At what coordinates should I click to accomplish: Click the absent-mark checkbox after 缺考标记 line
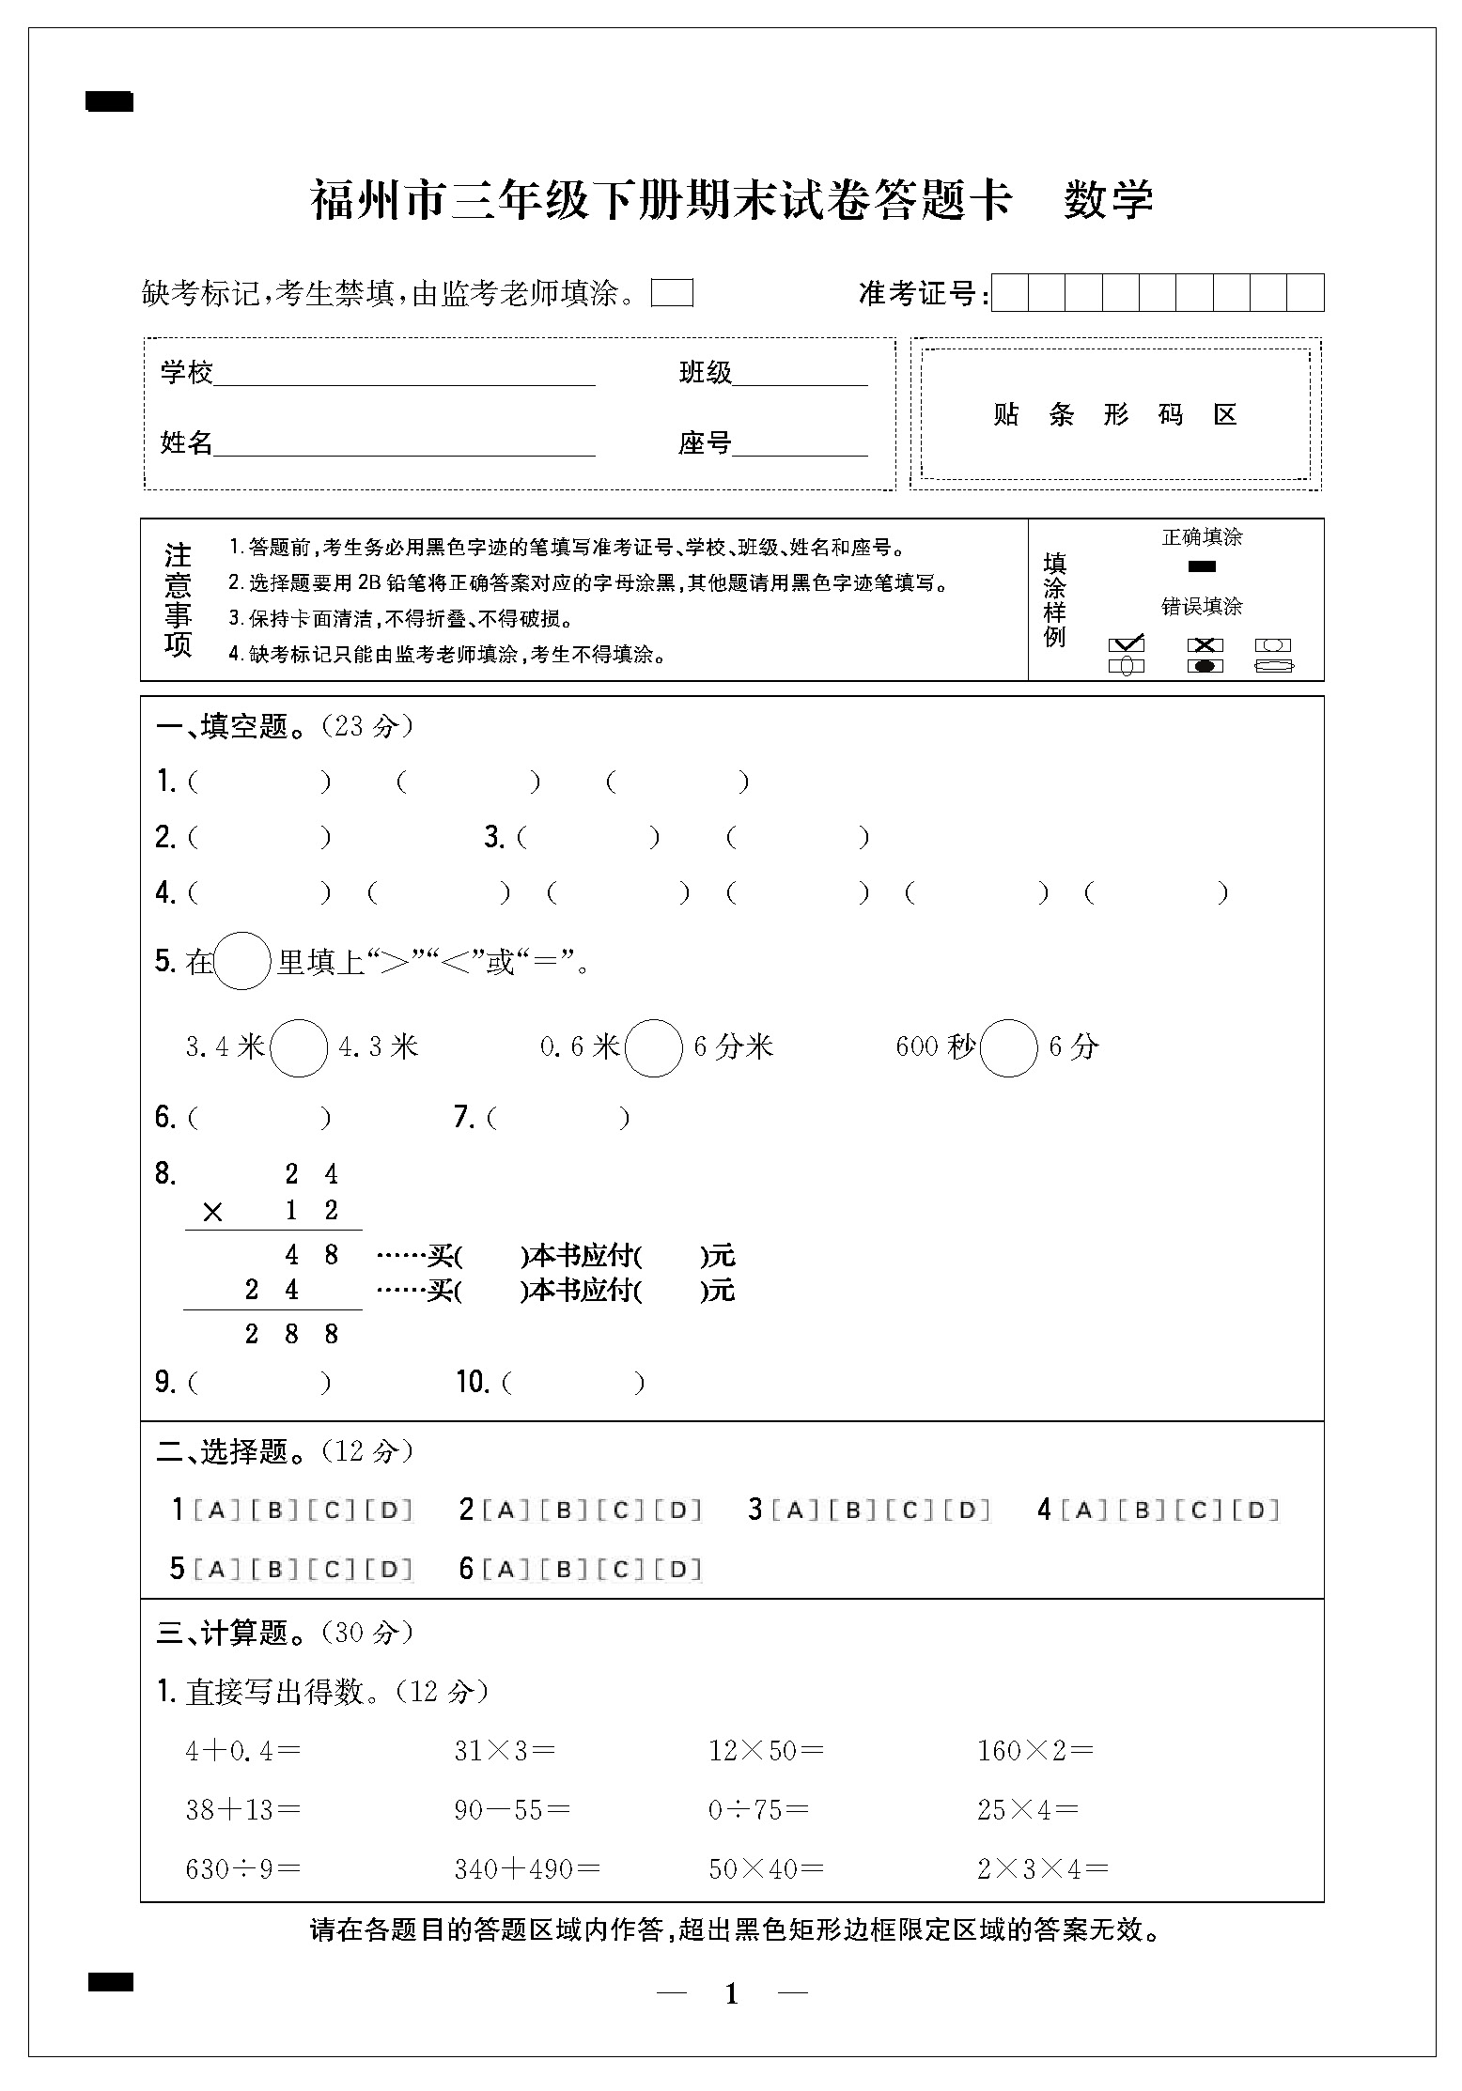tap(672, 294)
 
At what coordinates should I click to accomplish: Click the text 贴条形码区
tap(1115, 414)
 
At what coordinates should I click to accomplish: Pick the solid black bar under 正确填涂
tap(1202, 566)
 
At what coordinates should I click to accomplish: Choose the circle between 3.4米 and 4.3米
tap(299, 1047)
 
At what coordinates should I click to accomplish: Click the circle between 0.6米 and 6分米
tap(653, 1047)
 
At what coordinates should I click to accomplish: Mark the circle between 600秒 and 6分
tap(1008, 1047)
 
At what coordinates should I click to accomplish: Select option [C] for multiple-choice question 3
tap(915, 1510)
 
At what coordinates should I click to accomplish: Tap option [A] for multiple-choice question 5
tap(217, 1569)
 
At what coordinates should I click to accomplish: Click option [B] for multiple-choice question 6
tap(565, 1569)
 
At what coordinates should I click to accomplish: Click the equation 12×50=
tap(766, 1751)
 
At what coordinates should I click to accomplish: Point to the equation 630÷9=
tap(243, 1868)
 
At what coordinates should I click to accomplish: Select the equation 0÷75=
tap(758, 1810)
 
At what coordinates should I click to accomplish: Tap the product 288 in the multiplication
tap(291, 1334)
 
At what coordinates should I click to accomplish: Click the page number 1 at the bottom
tap(732, 1993)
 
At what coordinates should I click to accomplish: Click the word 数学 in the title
tap(1108, 199)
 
